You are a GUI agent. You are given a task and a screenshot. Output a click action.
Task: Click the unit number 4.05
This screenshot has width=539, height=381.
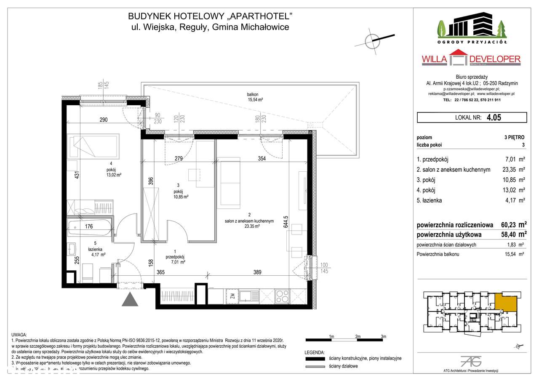[x=494, y=118]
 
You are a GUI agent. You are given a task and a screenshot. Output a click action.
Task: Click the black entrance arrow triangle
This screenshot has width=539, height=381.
[x=130, y=299]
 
